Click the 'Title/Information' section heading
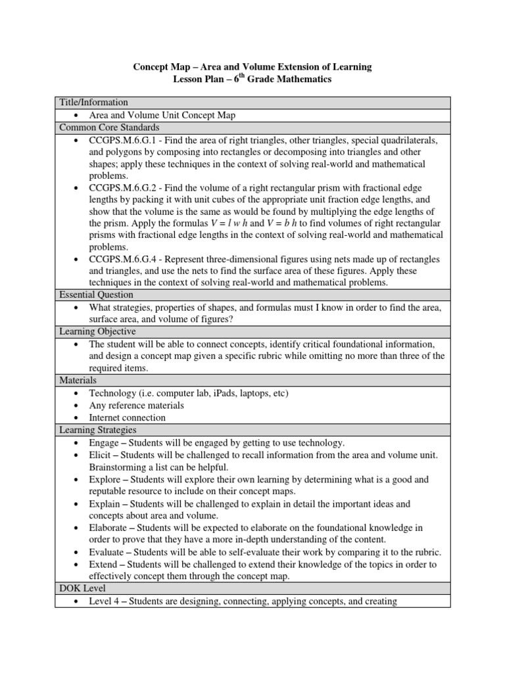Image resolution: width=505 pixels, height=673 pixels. (93, 103)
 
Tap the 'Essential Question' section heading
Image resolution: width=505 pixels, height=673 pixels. (96, 295)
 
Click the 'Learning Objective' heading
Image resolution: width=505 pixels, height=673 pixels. (97, 332)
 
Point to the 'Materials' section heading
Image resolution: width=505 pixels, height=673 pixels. (78, 381)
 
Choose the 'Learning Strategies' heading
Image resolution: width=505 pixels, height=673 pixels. (98, 430)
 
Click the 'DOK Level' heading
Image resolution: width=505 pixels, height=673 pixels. (82, 589)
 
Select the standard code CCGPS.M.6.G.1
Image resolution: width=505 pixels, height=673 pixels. (129, 140)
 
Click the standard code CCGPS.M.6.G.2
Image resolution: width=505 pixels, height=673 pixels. (129, 189)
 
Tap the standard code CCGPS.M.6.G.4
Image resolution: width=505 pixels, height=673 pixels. (129, 259)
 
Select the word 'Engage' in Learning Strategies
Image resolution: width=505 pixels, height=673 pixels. (104, 442)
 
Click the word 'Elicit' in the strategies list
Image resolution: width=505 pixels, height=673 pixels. (101, 455)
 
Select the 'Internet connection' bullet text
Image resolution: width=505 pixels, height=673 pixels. (128, 417)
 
